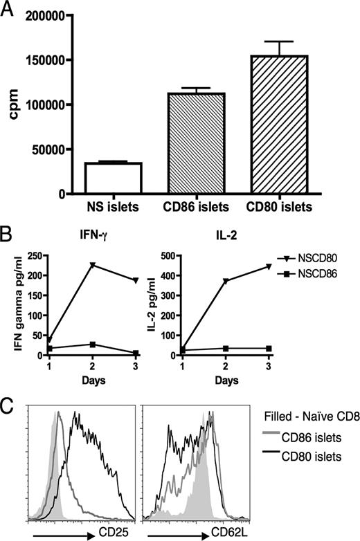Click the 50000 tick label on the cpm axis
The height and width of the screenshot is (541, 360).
click(x=42, y=149)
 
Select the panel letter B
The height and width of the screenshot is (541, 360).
click(x=9, y=227)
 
